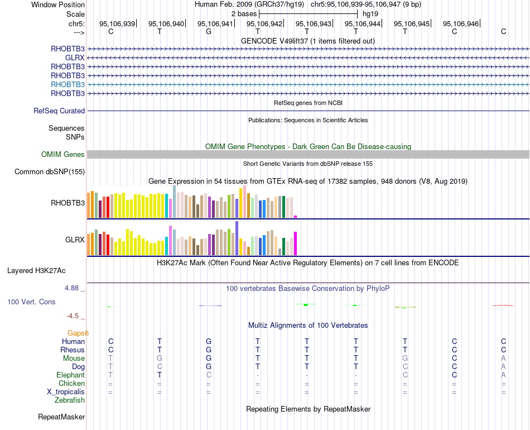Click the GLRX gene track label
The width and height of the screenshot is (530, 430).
tap(75, 58)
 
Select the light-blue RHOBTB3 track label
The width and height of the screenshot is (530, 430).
tap(68, 84)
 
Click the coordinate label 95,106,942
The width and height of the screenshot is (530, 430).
tap(264, 23)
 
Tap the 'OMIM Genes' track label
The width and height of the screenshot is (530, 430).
tap(63, 154)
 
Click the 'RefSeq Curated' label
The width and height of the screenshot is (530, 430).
tap(59, 111)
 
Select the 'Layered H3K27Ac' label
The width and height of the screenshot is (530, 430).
tap(36, 271)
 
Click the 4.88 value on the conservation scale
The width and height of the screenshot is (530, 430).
tap(72, 288)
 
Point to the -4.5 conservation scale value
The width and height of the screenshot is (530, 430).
tap(73, 316)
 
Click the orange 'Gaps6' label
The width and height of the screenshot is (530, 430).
tap(78, 333)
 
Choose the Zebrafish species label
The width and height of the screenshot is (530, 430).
tap(70, 400)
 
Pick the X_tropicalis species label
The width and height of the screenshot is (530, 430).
tap(66, 391)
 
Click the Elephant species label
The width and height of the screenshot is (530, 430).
tap(70, 375)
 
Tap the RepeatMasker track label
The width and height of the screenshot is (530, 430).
tap(61, 417)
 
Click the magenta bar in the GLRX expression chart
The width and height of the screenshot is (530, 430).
tap(295, 243)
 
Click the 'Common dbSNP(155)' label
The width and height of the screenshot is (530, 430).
tap(50, 171)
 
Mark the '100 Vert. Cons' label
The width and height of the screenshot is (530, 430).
tap(31, 302)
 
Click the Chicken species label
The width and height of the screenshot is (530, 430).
tap(71, 383)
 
